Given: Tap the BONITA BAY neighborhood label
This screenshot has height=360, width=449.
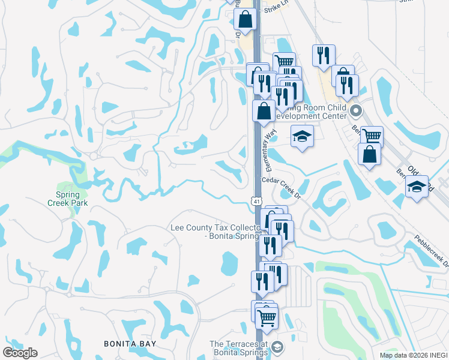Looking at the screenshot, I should [130, 344].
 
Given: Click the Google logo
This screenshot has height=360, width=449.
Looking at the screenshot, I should [20, 352].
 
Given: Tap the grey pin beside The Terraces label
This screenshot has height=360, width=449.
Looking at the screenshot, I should [277, 347].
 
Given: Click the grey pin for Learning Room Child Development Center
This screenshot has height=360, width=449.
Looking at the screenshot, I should [355, 110].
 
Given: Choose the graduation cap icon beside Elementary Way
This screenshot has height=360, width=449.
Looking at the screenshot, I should [303, 136].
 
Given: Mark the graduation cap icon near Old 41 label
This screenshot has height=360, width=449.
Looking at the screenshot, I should [417, 186].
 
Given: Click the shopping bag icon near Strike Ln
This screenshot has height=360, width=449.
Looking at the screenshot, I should [246, 19].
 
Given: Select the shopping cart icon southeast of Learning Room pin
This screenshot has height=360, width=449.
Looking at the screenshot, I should [372, 136].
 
